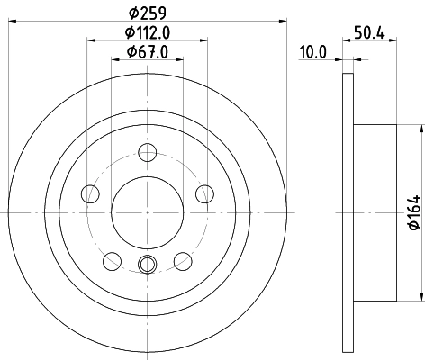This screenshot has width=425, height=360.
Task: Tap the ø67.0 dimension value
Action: [x=148, y=52]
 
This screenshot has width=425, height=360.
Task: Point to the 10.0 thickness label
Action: [x=312, y=53]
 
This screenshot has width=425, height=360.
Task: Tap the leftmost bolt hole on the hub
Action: [x=89, y=193]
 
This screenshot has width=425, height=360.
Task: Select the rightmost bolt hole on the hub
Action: [x=205, y=193]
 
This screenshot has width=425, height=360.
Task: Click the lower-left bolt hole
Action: [x=112, y=261]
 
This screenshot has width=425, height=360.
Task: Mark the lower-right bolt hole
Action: [x=183, y=261]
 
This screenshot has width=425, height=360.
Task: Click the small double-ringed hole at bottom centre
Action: [x=148, y=264]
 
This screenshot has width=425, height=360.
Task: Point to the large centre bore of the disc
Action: [x=148, y=211]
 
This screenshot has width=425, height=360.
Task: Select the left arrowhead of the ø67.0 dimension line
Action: [x=115, y=60]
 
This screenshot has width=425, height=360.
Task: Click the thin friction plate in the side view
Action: [x=348, y=211]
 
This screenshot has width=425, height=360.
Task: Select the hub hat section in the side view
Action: [x=375, y=211]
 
